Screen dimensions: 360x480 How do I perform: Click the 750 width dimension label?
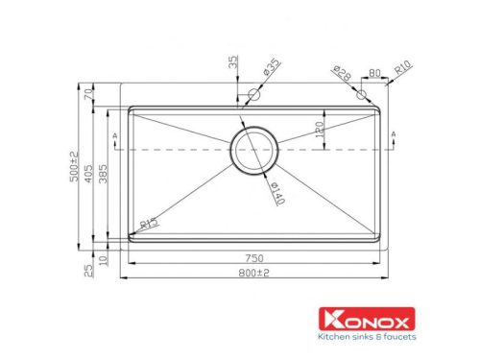(254, 259)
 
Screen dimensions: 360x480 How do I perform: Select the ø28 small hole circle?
(361, 95)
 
